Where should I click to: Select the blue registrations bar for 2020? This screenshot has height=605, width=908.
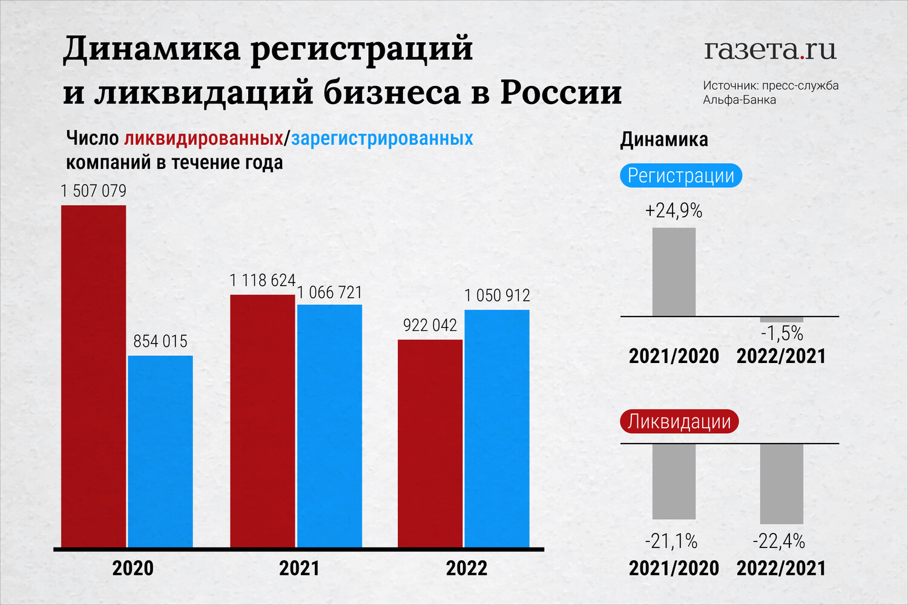click(x=160, y=451)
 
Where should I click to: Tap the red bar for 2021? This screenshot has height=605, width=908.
click(x=262, y=421)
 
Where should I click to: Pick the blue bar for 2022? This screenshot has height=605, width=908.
click(x=497, y=428)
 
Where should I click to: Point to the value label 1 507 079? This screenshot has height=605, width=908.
click(x=94, y=191)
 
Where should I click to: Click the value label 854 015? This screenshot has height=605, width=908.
click(x=160, y=341)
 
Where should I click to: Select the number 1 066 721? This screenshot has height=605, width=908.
click(x=329, y=293)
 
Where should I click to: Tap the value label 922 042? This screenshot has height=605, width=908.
click(x=430, y=325)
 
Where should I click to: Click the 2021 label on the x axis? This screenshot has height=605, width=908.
click(x=299, y=569)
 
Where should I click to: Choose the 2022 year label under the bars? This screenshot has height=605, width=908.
click(x=466, y=569)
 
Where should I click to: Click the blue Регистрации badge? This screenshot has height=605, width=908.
click(x=681, y=175)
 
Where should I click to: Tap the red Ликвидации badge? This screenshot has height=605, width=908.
click(x=679, y=422)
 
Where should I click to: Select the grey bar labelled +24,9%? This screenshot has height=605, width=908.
click(x=674, y=272)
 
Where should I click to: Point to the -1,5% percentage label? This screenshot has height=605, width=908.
click(x=781, y=333)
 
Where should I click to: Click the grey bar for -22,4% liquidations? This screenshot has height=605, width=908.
click(x=781, y=483)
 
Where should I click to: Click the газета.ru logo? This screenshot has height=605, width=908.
click(x=770, y=50)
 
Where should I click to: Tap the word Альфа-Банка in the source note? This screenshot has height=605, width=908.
click(x=739, y=100)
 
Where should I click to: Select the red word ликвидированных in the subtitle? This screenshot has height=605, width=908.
click(x=203, y=139)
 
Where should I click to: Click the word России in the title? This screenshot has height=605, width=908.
click(x=561, y=93)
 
